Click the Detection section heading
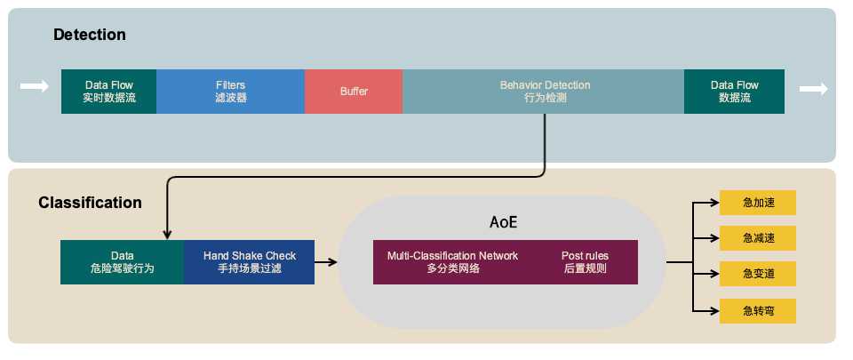(x=90, y=36)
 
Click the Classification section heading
(x=90, y=203)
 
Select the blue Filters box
(x=230, y=92)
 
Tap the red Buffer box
(x=354, y=92)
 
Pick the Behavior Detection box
(x=544, y=92)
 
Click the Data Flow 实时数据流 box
(x=109, y=92)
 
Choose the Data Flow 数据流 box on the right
(x=734, y=92)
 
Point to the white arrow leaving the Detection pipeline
(x=813, y=88)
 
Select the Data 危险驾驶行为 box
(x=122, y=261)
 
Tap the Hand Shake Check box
(x=250, y=261)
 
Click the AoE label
(x=503, y=222)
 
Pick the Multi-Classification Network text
(x=452, y=261)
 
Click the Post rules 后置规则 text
(x=585, y=261)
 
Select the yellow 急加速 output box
(x=758, y=203)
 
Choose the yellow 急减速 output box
(x=758, y=238)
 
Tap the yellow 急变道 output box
(x=758, y=274)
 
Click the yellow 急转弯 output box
(x=758, y=310)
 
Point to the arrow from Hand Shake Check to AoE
(x=326, y=262)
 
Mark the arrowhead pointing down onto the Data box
(x=167, y=234)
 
